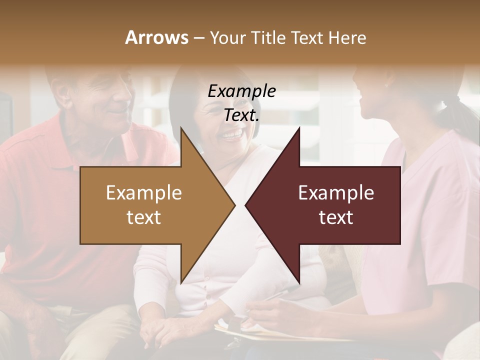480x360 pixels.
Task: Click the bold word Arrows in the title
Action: [156, 37]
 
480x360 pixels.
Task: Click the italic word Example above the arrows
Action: [241, 91]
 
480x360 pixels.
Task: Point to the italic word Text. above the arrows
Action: [241, 115]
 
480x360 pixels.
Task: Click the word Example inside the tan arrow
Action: [144, 192]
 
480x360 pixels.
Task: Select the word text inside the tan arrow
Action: [144, 217]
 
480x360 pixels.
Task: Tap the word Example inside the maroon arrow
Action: [336, 192]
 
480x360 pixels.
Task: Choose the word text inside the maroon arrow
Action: [336, 217]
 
